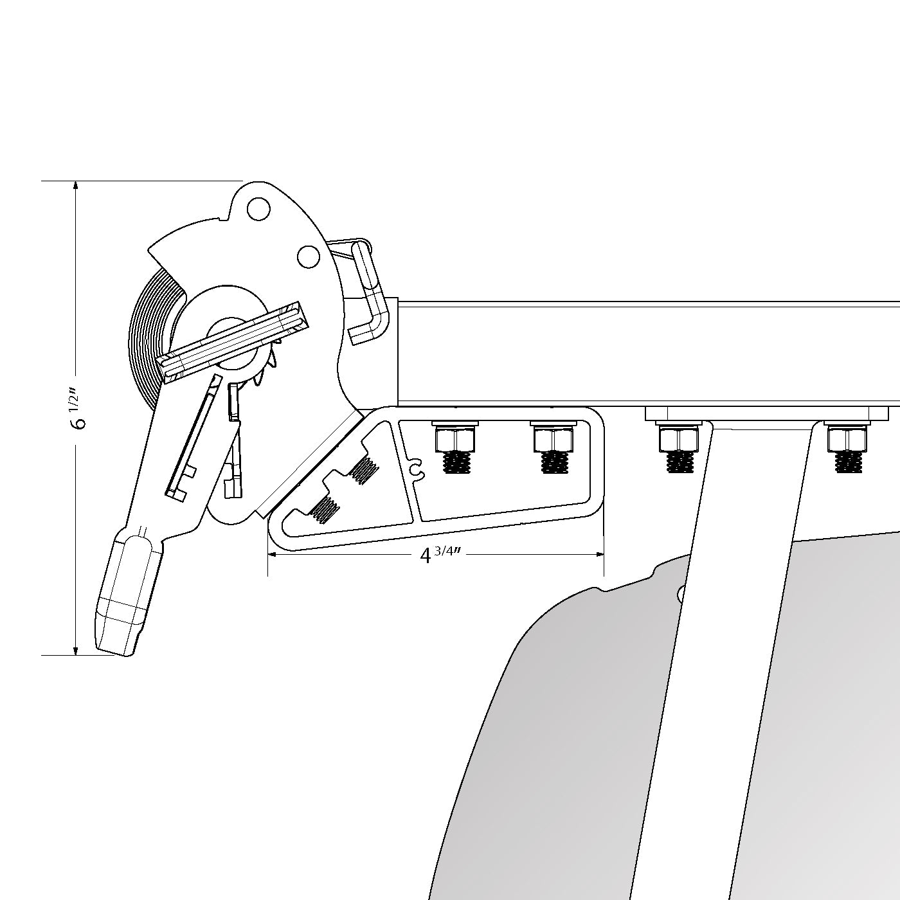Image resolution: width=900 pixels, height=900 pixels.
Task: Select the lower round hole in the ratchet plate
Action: pyautogui.click(x=309, y=256)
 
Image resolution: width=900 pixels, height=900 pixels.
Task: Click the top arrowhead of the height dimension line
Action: pyautogui.click(x=76, y=185)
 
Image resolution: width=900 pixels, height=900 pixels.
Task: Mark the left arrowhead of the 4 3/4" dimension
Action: pyautogui.click(x=273, y=554)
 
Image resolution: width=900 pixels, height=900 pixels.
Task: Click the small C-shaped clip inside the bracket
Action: pyautogui.click(x=416, y=469)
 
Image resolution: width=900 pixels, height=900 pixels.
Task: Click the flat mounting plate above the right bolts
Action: pyautogui.click(x=766, y=413)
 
